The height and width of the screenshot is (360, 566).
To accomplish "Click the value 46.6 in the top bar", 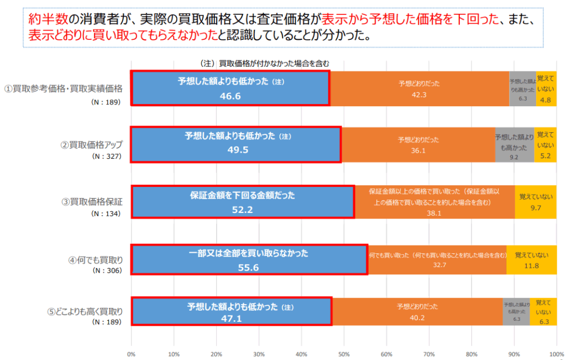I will click(x=230, y=96).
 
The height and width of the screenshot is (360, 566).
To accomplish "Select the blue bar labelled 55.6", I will click(x=249, y=259).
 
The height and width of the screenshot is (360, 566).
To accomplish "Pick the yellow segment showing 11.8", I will click(x=531, y=259).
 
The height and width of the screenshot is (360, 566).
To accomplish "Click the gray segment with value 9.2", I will click(x=514, y=145).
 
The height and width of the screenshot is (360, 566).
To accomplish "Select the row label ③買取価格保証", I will click(x=92, y=201).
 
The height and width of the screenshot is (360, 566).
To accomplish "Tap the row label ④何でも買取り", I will click(x=96, y=260).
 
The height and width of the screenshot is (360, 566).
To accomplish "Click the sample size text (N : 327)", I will click(x=106, y=156).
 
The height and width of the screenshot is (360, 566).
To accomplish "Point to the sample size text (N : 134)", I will click(x=106, y=213).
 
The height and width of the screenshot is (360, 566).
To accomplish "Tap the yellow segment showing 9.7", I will click(x=535, y=202).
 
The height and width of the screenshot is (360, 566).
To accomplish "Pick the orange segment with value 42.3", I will click(x=419, y=88).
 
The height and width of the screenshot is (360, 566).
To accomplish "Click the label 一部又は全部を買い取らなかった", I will click(x=248, y=253).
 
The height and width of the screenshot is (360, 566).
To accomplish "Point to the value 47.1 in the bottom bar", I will click(x=230, y=319).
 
